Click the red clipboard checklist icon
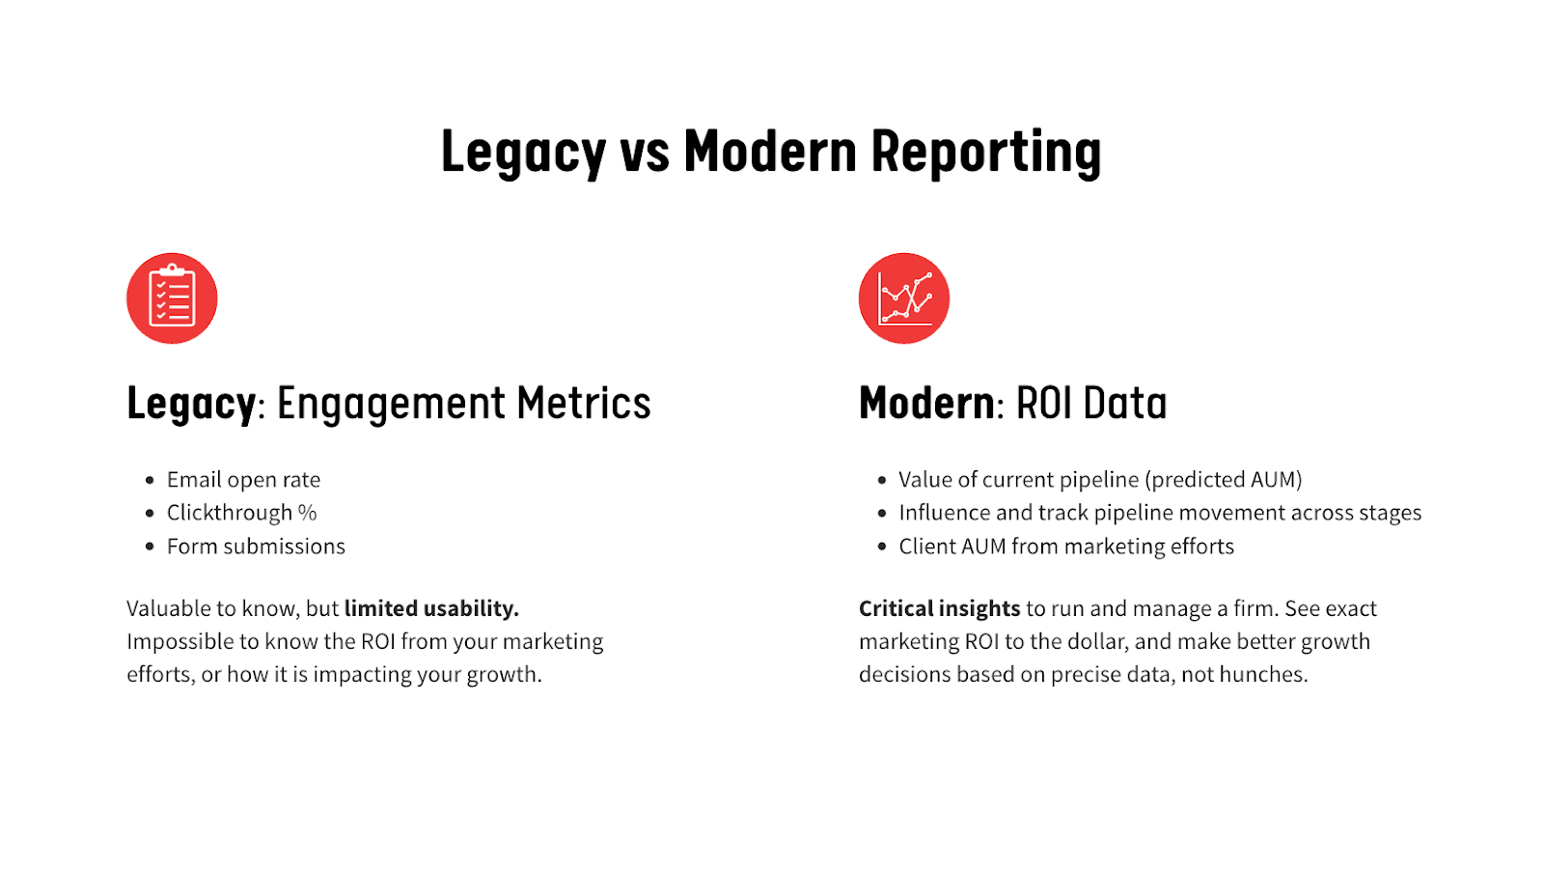point(172,298)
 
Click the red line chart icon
point(903,298)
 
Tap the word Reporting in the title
point(985,153)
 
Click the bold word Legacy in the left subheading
point(191,405)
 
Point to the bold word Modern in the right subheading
point(926,403)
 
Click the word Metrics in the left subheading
point(584,403)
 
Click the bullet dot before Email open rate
point(150,480)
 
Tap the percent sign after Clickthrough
point(308,513)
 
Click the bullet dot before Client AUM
point(882,547)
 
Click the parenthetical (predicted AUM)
point(1224,479)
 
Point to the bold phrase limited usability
point(431,608)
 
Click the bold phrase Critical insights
point(940,608)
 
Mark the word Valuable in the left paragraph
point(168,608)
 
